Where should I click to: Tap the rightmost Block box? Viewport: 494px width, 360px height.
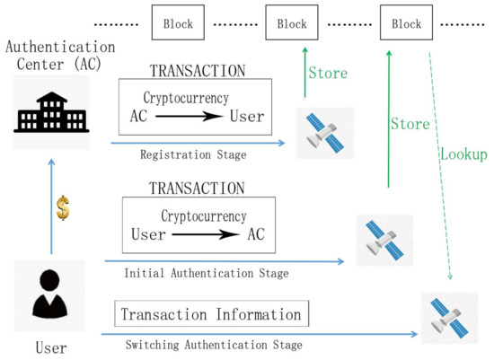coord(406,23)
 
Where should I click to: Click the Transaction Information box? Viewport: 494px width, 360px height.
coord(211,314)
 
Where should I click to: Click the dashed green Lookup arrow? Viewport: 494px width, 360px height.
coord(441,162)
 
